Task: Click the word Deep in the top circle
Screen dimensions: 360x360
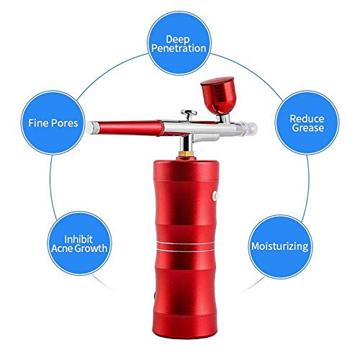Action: coord(179,37)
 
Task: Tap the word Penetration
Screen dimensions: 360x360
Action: coord(179,50)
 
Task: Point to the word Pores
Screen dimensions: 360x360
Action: coord(71,123)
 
